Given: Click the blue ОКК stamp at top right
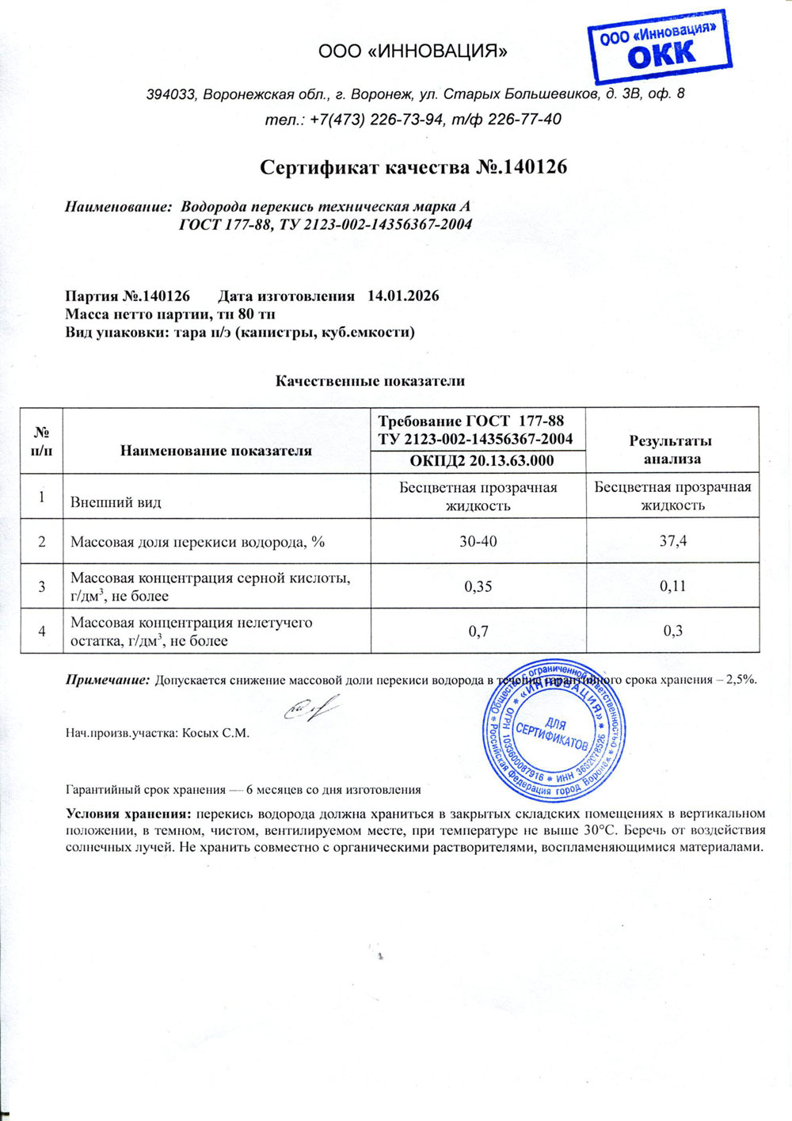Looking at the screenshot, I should [x=659, y=47].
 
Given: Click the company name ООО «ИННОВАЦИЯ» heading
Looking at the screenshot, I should [x=413, y=52].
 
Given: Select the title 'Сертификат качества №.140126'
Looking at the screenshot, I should [x=413, y=167].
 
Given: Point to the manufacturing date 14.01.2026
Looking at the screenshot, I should [x=403, y=296].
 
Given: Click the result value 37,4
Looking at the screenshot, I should [x=672, y=541].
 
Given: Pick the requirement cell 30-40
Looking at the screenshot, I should [x=478, y=541].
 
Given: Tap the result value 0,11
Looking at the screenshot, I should [x=672, y=586].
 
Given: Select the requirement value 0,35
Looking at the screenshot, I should [x=478, y=586].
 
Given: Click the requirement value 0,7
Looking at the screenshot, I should [x=478, y=631].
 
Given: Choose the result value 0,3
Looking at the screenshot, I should [x=672, y=631].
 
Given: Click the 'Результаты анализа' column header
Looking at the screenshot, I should [x=672, y=450].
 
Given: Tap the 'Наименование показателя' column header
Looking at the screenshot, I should [x=216, y=451].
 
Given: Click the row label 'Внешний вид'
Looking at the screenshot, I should [x=116, y=502].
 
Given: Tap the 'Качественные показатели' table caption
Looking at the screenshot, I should [x=370, y=381].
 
